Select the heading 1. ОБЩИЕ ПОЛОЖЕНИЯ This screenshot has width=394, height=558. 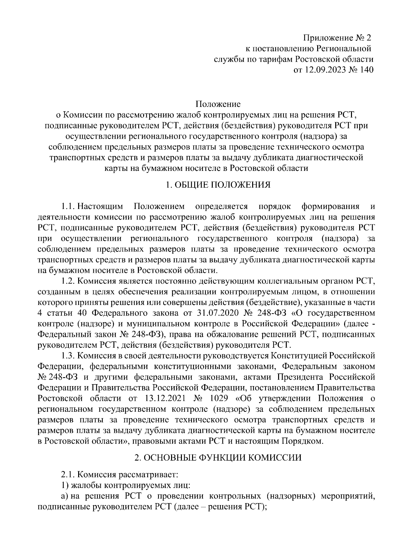coord(218,185)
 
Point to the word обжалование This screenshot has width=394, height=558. coord(224,334)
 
